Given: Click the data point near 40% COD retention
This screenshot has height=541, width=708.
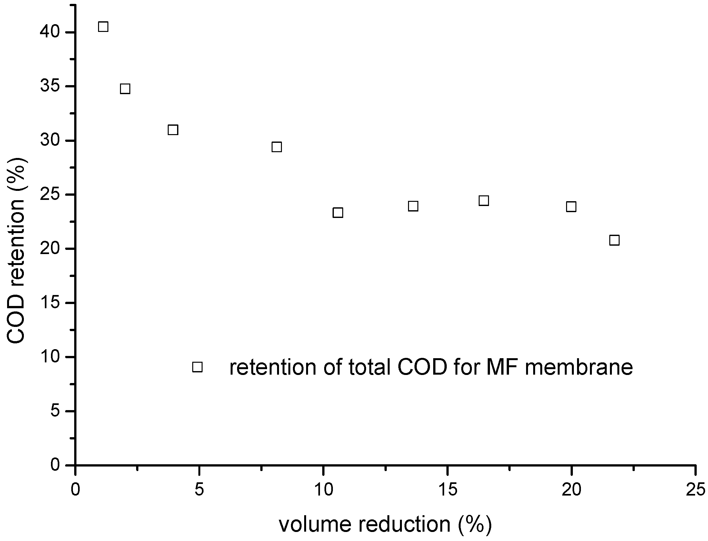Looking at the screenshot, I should (103, 27).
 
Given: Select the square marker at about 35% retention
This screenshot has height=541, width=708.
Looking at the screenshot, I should (125, 89).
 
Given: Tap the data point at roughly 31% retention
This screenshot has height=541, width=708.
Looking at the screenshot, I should (173, 130).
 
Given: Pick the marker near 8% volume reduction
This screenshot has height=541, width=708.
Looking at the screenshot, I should (277, 147).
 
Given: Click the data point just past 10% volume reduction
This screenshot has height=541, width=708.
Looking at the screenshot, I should (338, 213).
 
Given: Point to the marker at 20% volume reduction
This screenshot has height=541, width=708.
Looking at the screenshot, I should (571, 206).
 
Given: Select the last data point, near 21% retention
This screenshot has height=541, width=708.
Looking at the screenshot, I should (614, 240).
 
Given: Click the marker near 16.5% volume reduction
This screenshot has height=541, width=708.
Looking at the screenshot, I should (484, 201).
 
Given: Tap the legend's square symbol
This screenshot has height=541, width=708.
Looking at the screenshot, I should (197, 367).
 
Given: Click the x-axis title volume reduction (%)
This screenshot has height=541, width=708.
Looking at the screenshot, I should (385, 524).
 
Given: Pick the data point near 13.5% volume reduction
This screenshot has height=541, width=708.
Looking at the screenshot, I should (413, 206).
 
